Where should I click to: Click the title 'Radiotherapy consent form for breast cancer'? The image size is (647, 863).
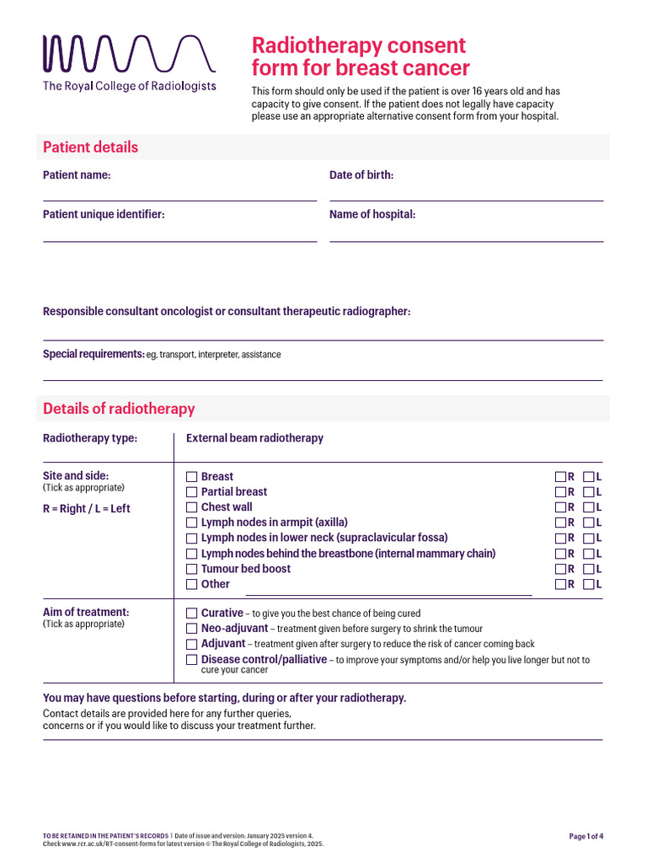[x=361, y=56]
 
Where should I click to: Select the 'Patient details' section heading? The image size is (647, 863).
[x=90, y=147]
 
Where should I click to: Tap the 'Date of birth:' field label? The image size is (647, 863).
[x=361, y=175]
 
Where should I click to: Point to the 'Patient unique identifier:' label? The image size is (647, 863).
[x=104, y=215]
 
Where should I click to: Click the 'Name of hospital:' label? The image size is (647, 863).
[x=372, y=215]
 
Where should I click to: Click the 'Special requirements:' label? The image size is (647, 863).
[x=94, y=354]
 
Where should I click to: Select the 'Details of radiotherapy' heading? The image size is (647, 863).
[x=119, y=409]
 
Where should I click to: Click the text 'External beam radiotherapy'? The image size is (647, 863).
[x=254, y=438]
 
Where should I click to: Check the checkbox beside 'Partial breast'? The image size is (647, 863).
[x=191, y=492]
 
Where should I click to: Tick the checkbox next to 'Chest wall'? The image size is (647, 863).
[x=191, y=507]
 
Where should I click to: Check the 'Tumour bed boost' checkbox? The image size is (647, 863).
[x=191, y=569]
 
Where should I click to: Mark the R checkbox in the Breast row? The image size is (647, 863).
[x=560, y=477]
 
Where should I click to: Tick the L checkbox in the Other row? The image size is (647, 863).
[x=588, y=584]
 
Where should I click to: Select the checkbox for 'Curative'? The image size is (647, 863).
[x=191, y=614]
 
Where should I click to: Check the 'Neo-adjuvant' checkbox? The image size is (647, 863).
[x=191, y=629]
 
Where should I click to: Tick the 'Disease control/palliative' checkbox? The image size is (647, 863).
[x=191, y=660]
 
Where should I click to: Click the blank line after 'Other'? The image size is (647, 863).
[x=388, y=592]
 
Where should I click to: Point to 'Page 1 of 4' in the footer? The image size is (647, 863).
[x=586, y=837]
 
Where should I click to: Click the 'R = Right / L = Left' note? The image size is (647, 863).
[x=87, y=509]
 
